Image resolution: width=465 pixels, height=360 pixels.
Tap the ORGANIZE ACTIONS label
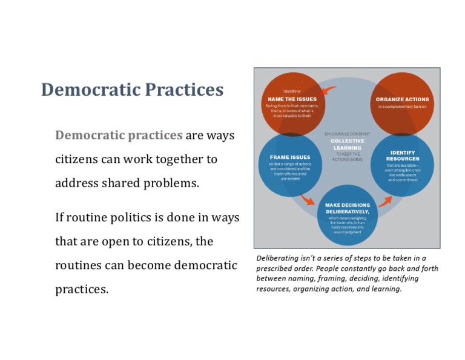pos(402,99)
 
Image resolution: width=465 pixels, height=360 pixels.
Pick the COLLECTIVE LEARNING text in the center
pos(348,144)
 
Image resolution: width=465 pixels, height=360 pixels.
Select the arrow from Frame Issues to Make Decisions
pos(307,199)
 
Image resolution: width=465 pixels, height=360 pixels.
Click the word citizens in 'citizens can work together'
pos(78,160)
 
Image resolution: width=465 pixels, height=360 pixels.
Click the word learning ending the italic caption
pos(388,288)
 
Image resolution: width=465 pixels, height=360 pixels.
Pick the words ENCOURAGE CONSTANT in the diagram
pos(348,134)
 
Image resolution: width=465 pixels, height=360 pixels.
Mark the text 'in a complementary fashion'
pos(402,107)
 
